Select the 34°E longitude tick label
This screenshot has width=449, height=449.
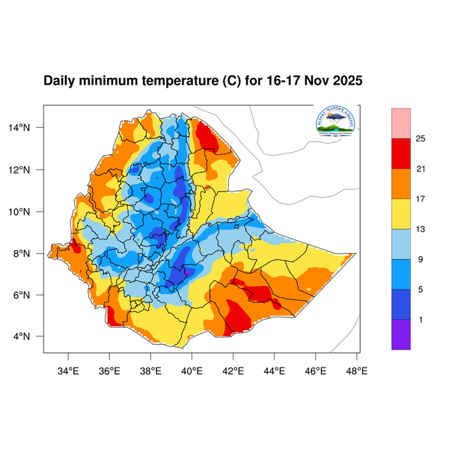click(x=69, y=369)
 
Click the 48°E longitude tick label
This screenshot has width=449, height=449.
click(x=356, y=369)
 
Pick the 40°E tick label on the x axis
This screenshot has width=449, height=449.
click(x=192, y=369)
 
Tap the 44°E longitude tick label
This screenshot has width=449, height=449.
click(x=274, y=369)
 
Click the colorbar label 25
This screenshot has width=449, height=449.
click(x=421, y=138)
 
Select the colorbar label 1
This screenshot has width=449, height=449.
click(x=421, y=320)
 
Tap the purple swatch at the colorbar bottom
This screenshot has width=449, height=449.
click(x=401, y=334)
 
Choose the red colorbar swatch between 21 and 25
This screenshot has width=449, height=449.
click(x=401, y=153)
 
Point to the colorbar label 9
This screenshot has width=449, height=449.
click(x=421, y=260)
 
